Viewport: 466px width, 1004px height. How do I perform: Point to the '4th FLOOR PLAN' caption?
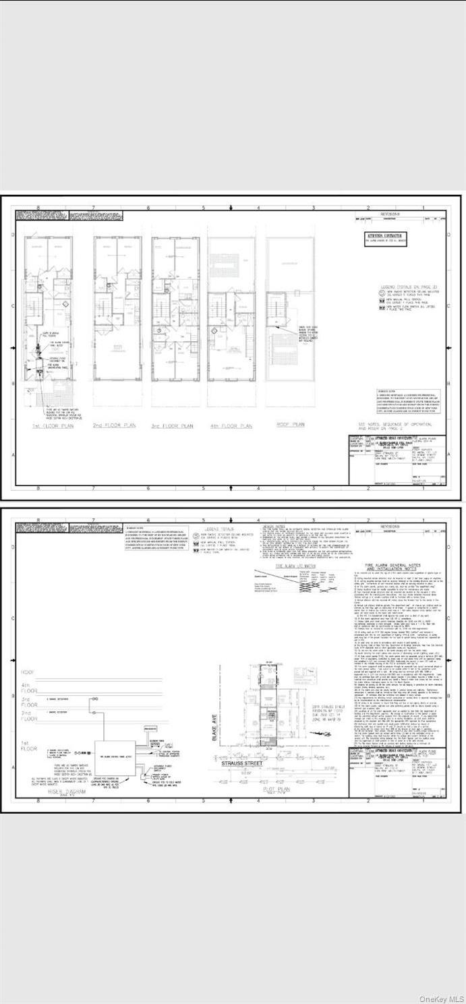coord(231,426)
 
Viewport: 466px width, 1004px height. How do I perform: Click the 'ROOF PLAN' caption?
coord(290,425)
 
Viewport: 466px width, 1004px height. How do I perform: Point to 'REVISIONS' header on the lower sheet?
coord(389,526)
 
